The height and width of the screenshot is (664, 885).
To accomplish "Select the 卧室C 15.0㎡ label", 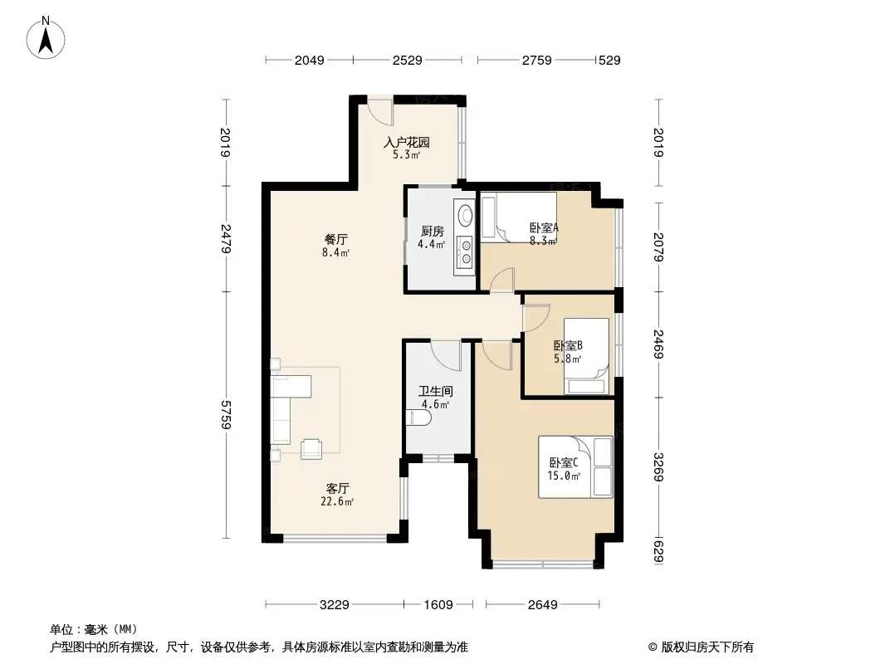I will tap(563, 469).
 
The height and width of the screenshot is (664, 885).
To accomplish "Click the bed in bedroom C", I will tap(575, 467).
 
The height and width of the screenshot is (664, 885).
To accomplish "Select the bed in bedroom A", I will tap(519, 217).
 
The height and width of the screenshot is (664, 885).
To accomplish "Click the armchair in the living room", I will tap(313, 448).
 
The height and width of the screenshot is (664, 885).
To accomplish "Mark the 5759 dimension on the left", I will tap(226, 414).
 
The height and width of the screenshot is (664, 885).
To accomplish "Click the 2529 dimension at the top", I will tap(408, 60).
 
